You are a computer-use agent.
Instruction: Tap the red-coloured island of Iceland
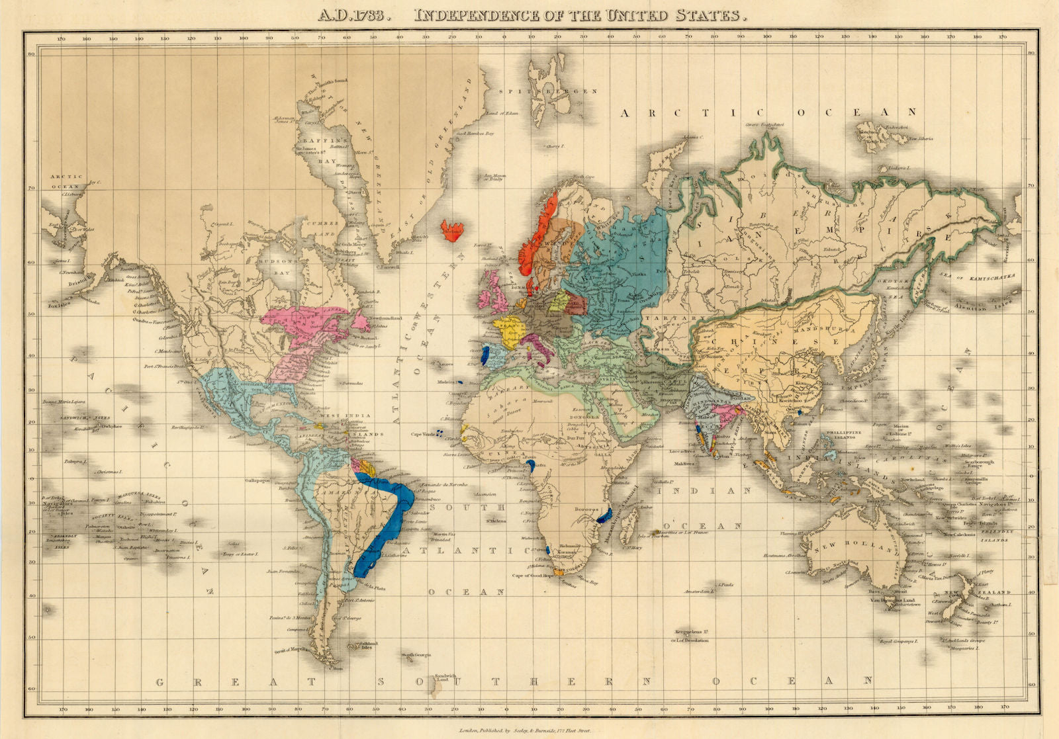pyautogui.click(x=453, y=229)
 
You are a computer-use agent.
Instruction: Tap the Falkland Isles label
pyautogui.click(x=369, y=644)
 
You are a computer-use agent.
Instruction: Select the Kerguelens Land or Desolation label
pyautogui.click(x=690, y=636)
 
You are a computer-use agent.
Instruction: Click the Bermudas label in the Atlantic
pyautogui.click(x=352, y=384)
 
